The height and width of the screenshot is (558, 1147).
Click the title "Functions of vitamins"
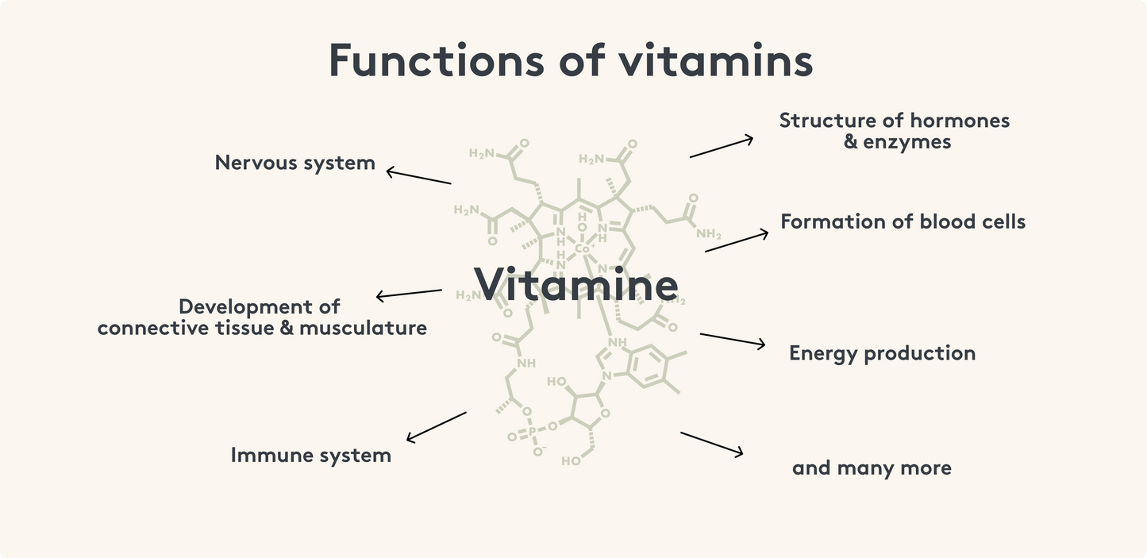571,61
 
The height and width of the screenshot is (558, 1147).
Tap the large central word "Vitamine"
576,284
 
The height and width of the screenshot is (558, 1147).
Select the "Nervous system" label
294,163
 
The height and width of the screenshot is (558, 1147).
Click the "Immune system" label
310,456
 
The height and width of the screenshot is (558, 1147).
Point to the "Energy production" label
882,353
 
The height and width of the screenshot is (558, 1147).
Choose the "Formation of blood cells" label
903,221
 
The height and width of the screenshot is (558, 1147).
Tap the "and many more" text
872,468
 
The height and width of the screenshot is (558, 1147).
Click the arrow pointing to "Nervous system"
418,176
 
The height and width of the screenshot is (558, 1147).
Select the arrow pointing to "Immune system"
436,426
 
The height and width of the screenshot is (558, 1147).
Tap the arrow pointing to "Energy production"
732,340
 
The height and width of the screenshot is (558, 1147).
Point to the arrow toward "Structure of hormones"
721,147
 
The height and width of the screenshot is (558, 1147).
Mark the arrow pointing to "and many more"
711,444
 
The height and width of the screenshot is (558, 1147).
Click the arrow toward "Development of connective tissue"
409,294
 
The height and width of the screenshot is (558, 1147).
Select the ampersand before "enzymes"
851,143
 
